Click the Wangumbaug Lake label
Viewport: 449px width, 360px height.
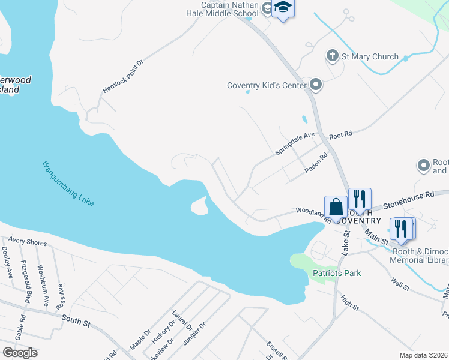pos(68,183)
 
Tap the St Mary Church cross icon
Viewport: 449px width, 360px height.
pos(332,56)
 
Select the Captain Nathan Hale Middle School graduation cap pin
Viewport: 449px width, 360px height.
pos(283,8)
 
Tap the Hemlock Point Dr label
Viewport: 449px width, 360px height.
pos(123,76)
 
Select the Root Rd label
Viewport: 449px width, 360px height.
pos(340,136)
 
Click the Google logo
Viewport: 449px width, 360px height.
pos(20,352)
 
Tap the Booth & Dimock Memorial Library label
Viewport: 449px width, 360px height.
pos(420,256)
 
